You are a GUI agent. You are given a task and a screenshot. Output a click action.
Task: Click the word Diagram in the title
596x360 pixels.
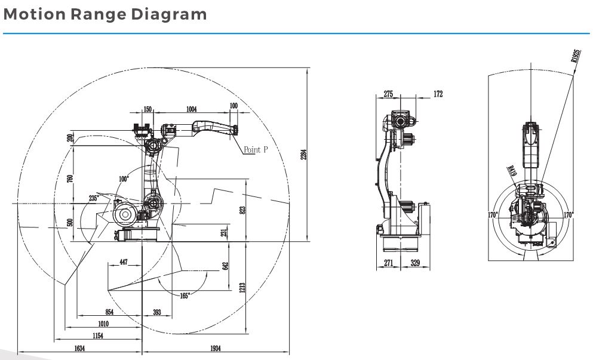169,14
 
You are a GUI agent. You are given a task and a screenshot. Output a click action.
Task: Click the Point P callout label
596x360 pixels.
256,149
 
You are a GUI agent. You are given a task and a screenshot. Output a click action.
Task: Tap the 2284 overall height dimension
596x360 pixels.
304,155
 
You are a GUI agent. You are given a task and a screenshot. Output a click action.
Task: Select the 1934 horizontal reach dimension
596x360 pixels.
215,348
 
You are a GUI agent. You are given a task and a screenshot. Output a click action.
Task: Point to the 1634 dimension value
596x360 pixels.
79,348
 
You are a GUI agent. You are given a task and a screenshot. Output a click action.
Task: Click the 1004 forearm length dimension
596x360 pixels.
192,109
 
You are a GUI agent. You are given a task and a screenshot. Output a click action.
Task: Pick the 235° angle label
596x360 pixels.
94,198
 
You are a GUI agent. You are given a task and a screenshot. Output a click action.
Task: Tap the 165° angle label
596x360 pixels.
185,296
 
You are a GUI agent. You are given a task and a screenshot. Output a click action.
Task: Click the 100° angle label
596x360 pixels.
124,179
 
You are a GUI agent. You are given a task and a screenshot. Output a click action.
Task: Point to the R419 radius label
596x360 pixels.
512,171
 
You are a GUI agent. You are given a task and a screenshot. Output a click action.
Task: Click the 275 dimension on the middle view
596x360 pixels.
388,94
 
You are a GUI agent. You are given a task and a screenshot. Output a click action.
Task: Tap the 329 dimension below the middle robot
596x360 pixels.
415,263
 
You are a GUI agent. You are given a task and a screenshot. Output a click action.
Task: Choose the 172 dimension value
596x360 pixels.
438,94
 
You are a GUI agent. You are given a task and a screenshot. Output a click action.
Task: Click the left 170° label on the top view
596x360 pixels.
493,215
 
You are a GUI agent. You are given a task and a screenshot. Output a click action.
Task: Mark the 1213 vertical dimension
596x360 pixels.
242,287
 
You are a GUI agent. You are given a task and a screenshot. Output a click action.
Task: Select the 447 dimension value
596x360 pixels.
124,262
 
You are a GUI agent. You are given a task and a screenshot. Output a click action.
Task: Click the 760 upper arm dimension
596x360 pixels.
70,179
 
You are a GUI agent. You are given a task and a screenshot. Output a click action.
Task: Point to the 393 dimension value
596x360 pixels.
157,312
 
